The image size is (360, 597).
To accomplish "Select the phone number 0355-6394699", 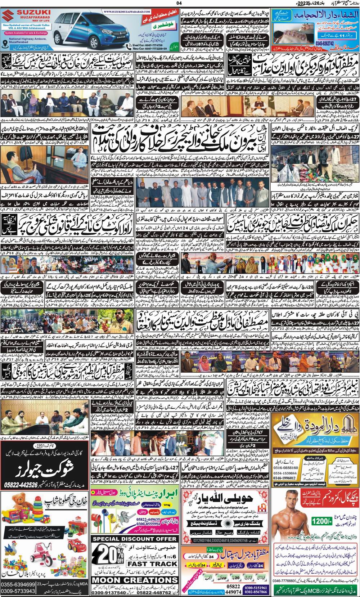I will tap(18, 584).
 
